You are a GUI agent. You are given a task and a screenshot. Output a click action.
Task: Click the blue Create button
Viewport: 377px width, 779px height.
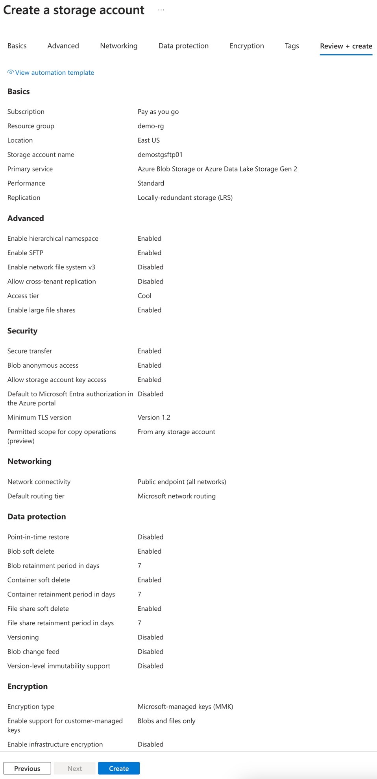(x=118, y=768)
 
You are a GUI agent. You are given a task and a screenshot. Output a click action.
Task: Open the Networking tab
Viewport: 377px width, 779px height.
(x=118, y=46)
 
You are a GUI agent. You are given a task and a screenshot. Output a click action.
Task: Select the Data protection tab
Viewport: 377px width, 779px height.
(x=183, y=46)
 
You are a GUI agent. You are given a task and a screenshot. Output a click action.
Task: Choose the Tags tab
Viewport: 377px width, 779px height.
(x=292, y=46)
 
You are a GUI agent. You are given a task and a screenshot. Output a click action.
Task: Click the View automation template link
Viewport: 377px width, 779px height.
(x=54, y=73)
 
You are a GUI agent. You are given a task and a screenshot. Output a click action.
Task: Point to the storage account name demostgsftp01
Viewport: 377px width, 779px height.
(x=160, y=155)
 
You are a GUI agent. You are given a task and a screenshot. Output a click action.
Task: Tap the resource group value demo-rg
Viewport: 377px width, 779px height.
(x=150, y=126)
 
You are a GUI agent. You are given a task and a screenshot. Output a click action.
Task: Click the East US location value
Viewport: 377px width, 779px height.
(x=148, y=140)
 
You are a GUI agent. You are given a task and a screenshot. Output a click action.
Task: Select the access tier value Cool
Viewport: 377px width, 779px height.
(x=144, y=296)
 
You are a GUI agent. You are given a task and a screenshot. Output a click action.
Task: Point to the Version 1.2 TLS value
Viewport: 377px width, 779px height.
(x=154, y=417)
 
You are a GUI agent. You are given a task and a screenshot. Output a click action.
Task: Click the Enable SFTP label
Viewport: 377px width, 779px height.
(x=25, y=253)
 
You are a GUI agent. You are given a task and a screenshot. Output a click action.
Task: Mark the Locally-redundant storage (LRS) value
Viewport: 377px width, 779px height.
(x=185, y=197)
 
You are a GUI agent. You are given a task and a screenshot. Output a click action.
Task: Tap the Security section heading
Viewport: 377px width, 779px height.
(x=22, y=331)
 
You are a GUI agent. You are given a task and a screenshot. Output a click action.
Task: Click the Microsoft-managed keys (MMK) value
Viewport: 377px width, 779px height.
(x=185, y=706)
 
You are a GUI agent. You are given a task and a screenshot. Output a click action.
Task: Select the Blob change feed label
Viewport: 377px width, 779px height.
(x=33, y=652)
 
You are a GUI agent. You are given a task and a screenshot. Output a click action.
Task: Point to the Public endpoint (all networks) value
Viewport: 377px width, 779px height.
(x=182, y=482)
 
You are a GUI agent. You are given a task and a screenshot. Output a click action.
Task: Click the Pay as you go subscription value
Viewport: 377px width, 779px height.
(x=158, y=112)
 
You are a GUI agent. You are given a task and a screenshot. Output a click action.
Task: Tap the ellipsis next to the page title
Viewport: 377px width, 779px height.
(x=161, y=10)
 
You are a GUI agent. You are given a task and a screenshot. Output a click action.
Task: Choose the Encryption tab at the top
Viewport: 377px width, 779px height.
(x=247, y=46)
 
